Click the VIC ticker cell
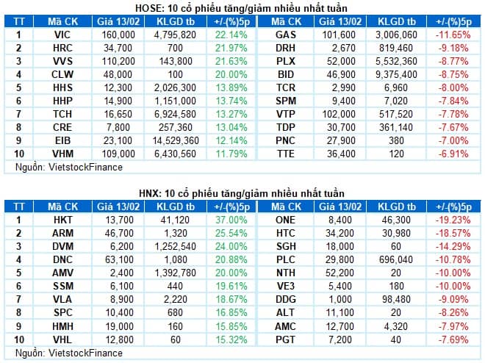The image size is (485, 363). click(x=62, y=35)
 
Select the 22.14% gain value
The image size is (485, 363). click(x=231, y=35)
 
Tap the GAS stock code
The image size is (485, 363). click(x=286, y=35)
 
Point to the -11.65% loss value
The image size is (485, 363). click(x=453, y=35)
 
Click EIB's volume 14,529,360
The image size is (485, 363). click(x=176, y=140)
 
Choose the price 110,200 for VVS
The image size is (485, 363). click(x=118, y=61)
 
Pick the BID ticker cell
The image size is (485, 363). click(x=286, y=74)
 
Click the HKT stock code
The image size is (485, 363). click(x=62, y=220)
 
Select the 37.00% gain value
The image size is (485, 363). click(x=231, y=220)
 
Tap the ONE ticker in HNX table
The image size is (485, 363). click(x=286, y=220)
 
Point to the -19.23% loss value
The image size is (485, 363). click(x=453, y=220)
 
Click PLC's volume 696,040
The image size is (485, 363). click(x=396, y=259)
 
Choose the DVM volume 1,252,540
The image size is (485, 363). click(x=176, y=246)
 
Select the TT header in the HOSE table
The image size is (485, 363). click(x=19, y=21)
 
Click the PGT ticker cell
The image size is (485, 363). click(x=286, y=339)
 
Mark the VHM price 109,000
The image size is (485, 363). click(x=118, y=154)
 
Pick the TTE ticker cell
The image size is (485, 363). click(x=286, y=154)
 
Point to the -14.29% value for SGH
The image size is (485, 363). click(x=453, y=246)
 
